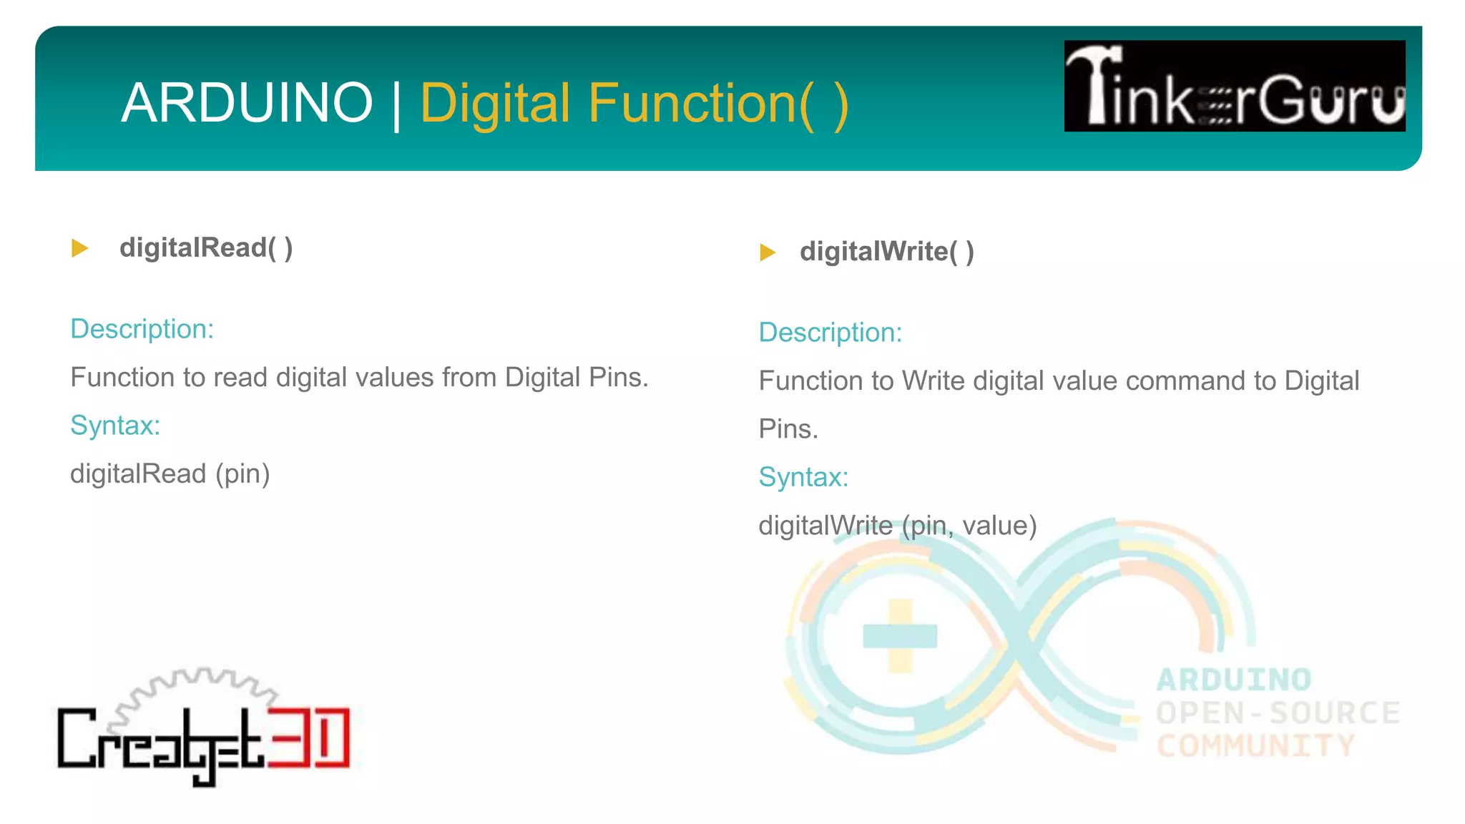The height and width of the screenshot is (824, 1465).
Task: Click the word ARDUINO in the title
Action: pyautogui.click(x=247, y=103)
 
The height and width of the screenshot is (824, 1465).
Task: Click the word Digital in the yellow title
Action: pyautogui.click(x=494, y=103)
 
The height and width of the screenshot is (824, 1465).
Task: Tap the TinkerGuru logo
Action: pyautogui.click(x=1234, y=86)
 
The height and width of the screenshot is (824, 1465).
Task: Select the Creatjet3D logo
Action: pyautogui.click(x=204, y=730)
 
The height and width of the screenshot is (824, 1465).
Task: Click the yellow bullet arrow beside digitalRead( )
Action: pyautogui.click(x=80, y=248)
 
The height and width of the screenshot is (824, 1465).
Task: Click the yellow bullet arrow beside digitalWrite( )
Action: pyautogui.click(x=768, y=252)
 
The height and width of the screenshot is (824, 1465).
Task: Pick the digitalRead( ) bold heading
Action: pyautogui.click(x=206, y=247)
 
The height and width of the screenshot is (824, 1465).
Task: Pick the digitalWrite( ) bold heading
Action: pyautogui.click(x=886, y=251)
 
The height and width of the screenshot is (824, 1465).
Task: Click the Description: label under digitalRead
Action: pyautogui.click(x=142, y=329)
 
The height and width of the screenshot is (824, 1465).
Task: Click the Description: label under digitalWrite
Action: pyautogui.click(x=830, y=333)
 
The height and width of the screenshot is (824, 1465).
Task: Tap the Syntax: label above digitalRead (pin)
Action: pyautogui.click(x=115, y=426)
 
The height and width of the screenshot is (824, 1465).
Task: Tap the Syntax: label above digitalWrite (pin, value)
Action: pyautogui.click(x=803, y=477)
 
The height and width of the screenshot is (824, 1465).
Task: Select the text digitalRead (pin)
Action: pyautogui.click(x=170, y=474)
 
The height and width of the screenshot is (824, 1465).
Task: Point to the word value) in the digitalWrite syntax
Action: pyautogui.click(x=999, y=526)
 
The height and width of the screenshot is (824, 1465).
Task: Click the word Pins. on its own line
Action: pyautogui.click(x=788, y=429)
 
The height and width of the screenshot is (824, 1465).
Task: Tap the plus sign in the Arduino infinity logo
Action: pyautogui.click(x=900, y=635)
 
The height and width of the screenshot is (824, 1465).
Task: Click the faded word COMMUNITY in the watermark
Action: pyautogui.click(x=1255, y=746)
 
